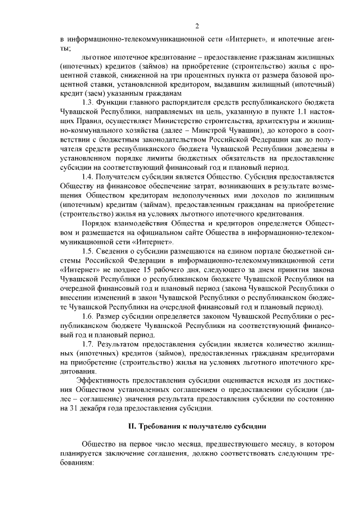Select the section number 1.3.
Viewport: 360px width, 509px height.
pyautogui.click(x=87, y=102)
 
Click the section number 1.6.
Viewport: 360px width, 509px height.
pyautogui.click(x=87, y=317)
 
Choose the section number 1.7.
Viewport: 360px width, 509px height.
pyautogui.click(x=87, y=344)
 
